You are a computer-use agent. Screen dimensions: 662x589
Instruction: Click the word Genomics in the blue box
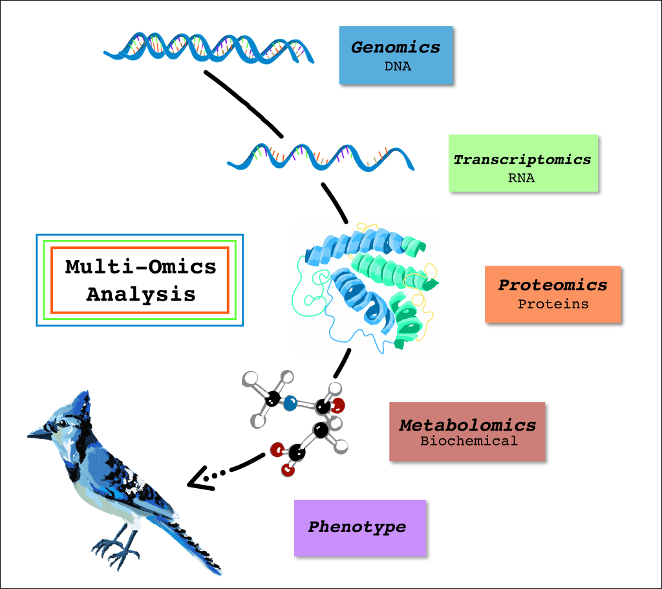click(x=396, y=47)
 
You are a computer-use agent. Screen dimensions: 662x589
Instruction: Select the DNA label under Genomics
click(x=398, y=67)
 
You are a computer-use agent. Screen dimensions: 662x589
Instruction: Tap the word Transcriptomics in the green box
click(x=522, y=160)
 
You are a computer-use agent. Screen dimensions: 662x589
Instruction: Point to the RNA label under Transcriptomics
click(x=522, y=178)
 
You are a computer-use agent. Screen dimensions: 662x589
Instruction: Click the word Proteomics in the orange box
click(x=553, y=285)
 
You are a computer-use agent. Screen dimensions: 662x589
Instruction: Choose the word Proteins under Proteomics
click(x=553, y=304)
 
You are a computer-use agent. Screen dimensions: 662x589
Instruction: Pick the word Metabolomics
click(x=468, y=425)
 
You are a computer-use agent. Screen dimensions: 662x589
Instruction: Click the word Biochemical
click(x=469, y=441)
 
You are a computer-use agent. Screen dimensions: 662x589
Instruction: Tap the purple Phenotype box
click(x=360, y=528)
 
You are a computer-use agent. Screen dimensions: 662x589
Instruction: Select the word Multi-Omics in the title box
click(x=140, y=267)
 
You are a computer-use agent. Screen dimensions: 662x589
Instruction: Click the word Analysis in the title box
click(x=141, y=294)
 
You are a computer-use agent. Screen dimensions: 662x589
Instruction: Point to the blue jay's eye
click(x=63, y=423)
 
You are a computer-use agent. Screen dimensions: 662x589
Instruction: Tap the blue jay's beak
click(x=40, y=433)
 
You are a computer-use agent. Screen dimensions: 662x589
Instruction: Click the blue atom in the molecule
click(x=290, y=403)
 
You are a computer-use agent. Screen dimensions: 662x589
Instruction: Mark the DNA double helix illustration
click(x=209, y=48)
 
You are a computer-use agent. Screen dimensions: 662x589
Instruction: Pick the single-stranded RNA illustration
click(x=321, y=158)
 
